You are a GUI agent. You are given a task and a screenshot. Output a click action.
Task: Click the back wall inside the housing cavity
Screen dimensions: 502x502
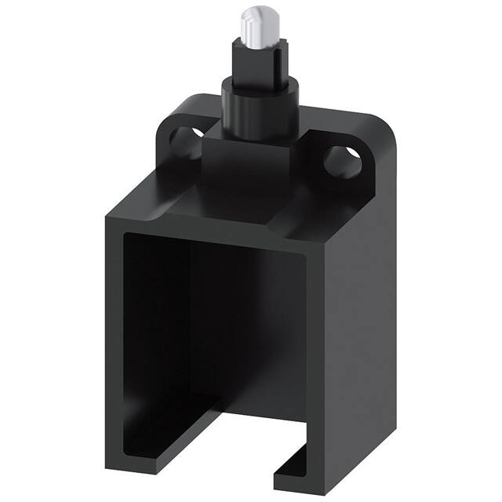point(235,337)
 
